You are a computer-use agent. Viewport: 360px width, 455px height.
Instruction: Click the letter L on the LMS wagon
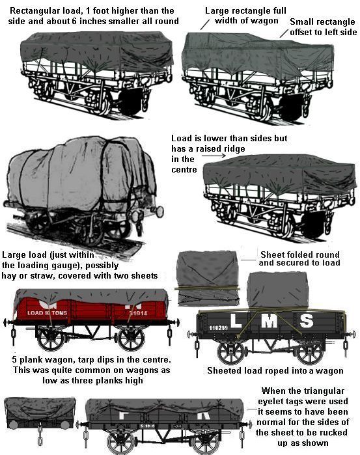236,320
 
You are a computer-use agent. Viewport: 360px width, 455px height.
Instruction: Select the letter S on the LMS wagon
306,321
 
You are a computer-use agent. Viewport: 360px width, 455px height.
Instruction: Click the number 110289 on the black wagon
218,328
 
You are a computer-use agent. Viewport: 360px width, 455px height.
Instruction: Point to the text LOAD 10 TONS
47,313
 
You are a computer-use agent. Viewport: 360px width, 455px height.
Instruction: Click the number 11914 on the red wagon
138,313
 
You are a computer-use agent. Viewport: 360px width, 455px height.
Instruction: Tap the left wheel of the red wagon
50,340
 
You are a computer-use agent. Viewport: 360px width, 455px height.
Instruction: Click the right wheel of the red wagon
132,340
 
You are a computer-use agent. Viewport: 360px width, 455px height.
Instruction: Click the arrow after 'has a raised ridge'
214,156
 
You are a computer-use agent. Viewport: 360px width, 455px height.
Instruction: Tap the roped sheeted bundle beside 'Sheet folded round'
208,278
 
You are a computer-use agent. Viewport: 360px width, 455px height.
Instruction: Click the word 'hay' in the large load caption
9,276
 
